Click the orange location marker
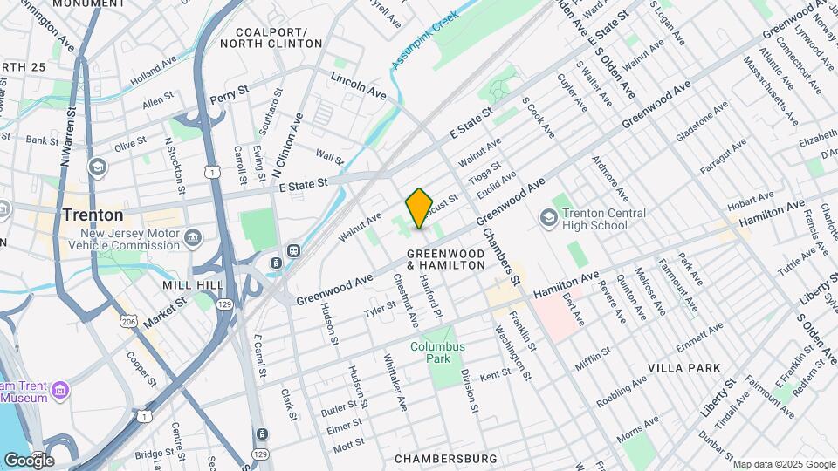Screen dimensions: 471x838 [x=419, y=208]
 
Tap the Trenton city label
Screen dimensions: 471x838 [x=92, y=215]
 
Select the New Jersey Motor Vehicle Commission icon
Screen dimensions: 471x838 [x=193, y=236]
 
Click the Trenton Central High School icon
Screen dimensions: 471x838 [x=550, y=215]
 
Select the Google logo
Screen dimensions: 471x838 [x=29, y=460]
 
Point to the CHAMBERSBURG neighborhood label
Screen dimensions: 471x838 [x=445, y=459]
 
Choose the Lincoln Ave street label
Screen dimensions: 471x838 [x=358, y=85]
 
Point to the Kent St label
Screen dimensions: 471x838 [x=495, y=373]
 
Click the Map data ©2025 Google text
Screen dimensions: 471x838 [x=783, y=464]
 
